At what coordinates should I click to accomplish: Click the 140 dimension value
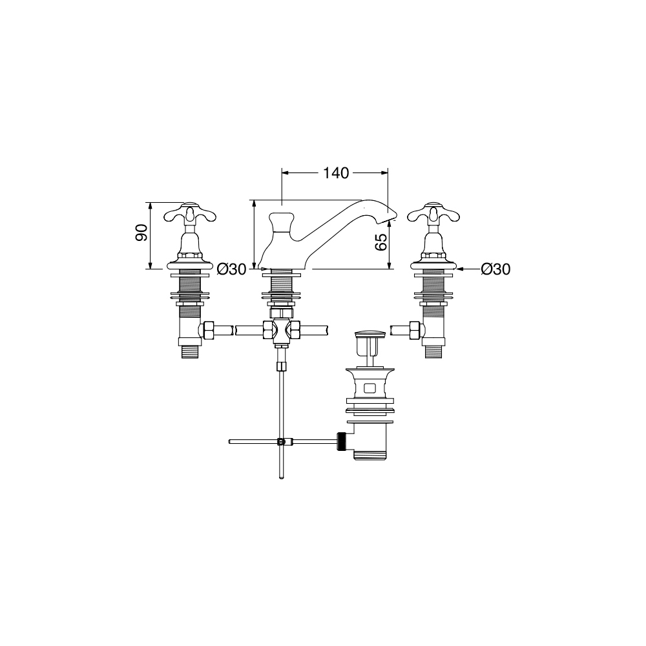tap(335, 173)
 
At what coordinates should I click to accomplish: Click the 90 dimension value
tap(141, 233)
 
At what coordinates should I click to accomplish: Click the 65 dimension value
tap(382, 242)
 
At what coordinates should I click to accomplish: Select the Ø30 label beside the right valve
tap(495, 269)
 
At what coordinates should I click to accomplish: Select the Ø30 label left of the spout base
tap(231, 269)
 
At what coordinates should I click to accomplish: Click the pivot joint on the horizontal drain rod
tap(281, 442)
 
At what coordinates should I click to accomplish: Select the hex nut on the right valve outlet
tap(415, 330)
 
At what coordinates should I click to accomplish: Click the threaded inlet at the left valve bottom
tap(191, 351)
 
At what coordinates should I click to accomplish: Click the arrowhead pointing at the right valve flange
tap(457, 269)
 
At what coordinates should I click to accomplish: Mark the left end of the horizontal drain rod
tap(230, 442)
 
